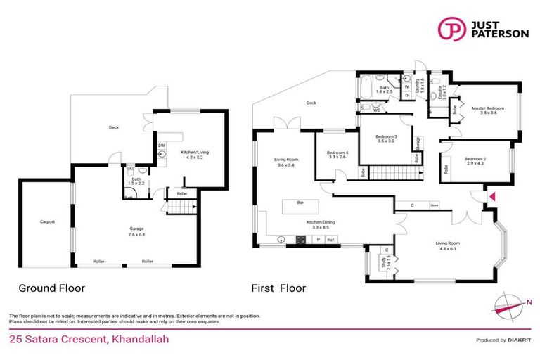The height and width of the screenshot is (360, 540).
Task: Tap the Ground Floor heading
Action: [x=51, y=288]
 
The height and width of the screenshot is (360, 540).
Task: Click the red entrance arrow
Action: [x=492, y=196]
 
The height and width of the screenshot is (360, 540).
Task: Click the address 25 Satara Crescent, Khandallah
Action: [x=89, y=340]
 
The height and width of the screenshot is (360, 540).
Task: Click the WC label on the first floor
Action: [x=377, y=110]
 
